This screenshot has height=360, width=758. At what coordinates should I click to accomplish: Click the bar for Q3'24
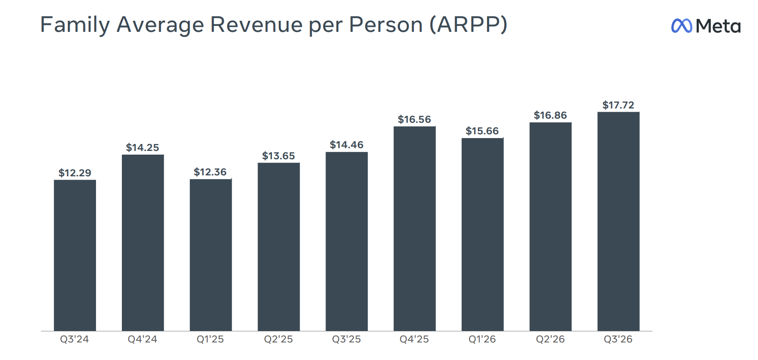[75, 255]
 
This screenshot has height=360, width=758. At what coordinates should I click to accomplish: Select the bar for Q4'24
[143, 243]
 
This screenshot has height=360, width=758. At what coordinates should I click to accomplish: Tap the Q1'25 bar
[211, 255]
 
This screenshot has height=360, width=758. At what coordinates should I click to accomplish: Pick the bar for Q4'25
[415, 228]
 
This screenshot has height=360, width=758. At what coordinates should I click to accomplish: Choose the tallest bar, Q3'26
[619, 221]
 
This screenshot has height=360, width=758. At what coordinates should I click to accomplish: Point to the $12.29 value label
[75, 173]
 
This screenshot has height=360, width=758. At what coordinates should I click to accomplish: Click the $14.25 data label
[143, 148]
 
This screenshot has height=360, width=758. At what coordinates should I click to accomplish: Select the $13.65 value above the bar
[278, 156]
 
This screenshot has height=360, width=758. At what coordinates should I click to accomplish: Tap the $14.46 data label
[347, 145]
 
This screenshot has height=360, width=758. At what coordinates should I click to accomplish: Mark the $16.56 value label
[414, 120]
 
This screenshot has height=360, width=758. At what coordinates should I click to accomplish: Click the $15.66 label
[482, 131]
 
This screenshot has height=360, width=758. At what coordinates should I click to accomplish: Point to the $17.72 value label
[618, 105]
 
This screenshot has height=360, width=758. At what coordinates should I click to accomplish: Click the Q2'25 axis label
[278, 339]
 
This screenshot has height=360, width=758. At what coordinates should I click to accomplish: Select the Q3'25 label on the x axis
[347, 339]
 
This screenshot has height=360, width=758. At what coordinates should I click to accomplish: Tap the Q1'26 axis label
[482, 339]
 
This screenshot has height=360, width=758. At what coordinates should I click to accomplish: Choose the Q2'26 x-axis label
[550, 339]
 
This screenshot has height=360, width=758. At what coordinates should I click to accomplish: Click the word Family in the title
[75, 25]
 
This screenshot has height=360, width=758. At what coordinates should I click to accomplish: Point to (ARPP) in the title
[469, 25]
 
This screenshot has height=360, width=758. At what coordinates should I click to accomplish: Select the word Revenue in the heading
[256, 25]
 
